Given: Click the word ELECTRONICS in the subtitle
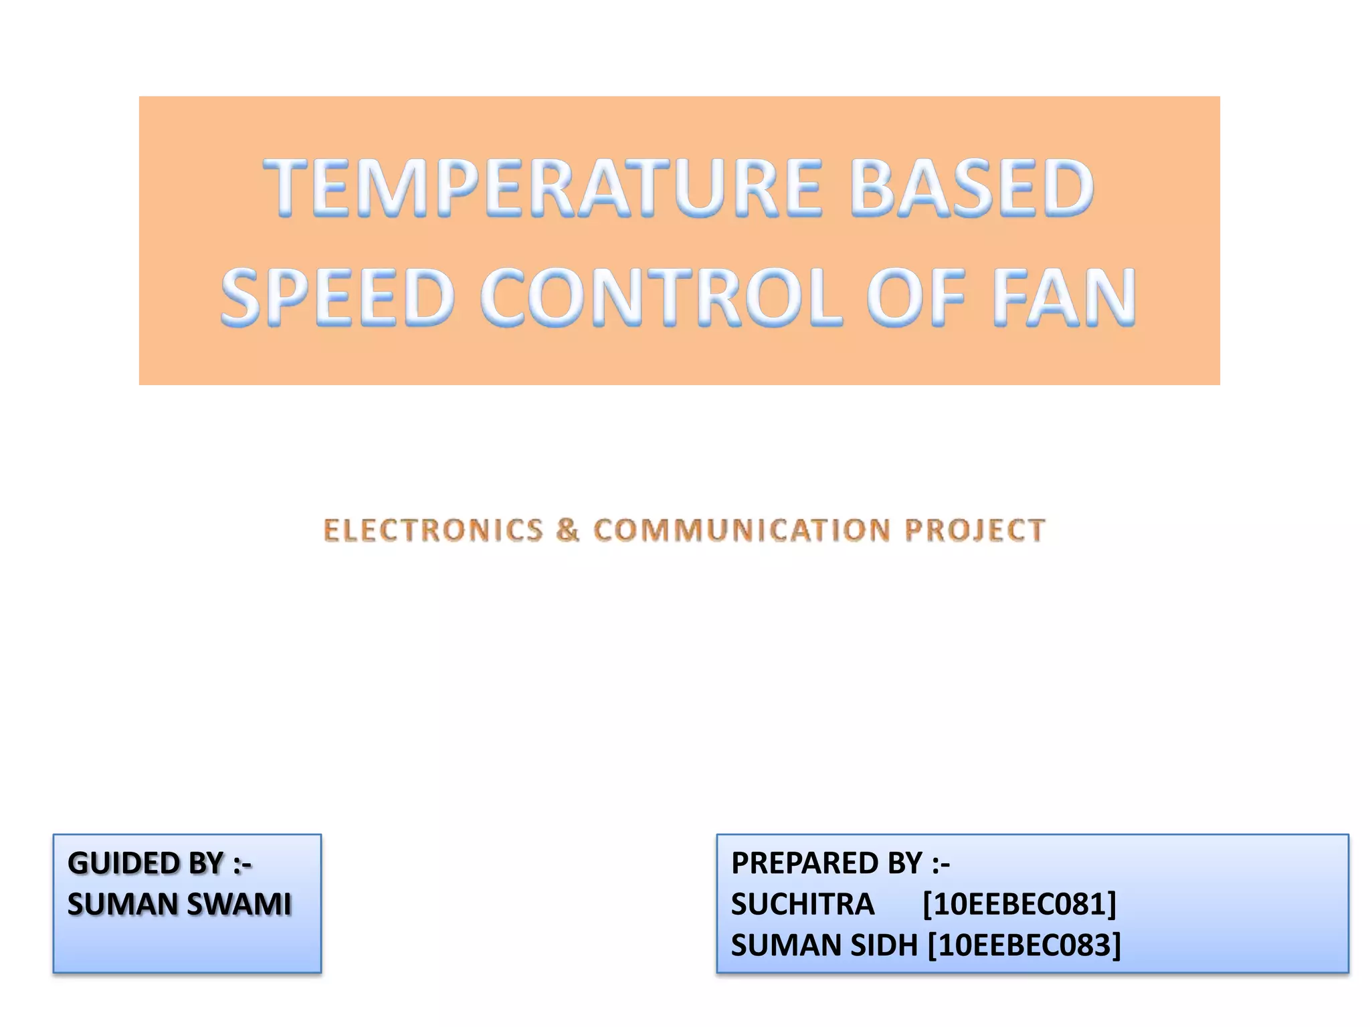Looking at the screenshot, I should click(433, 530).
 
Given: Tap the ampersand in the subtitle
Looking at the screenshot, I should click(568, 530).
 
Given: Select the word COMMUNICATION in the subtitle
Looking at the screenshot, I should click(742, 530).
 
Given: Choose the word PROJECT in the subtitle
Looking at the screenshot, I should click(975, 530).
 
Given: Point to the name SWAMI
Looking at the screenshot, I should click(239, 905).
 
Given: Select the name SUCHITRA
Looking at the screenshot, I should click(803, 905).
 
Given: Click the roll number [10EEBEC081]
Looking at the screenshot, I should click(1019, 905).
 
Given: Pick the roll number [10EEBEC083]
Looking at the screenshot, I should click(1024, 945).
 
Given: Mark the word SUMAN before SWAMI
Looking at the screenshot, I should click(121, 905).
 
